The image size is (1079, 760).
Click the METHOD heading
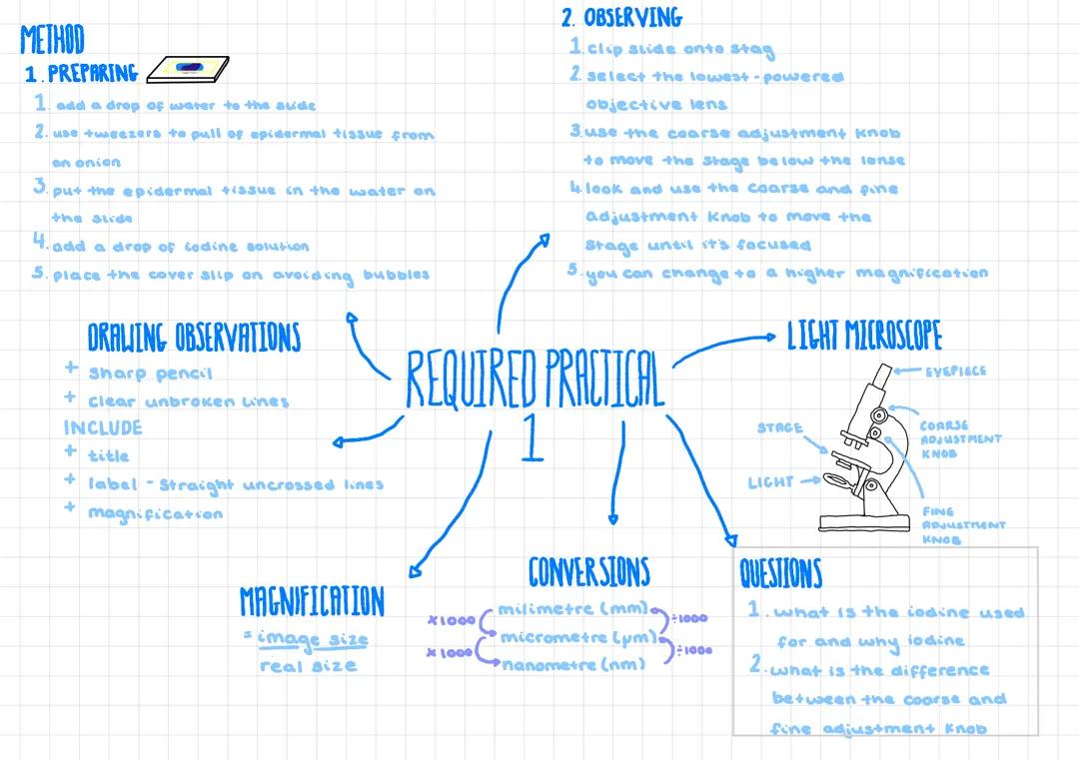coord(52,40)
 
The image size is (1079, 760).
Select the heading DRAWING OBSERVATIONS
coord(193,338)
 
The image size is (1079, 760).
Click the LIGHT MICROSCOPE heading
coord(864,337)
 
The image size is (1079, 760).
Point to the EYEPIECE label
coord(955,371)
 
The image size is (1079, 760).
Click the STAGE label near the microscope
coord(779,428)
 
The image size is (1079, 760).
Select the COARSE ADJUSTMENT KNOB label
coord(959,438)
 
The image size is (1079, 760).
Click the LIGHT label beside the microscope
coord(770,482)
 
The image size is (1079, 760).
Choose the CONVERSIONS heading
coord(588,571)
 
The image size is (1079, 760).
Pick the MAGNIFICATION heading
coord(311,601)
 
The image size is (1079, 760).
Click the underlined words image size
coord(313,639)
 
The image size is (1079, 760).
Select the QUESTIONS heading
coord(780,574)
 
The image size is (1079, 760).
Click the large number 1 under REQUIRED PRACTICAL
coord(533,439)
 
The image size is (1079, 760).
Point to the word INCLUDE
coord(103,427)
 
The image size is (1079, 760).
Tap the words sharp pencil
coord(150,373)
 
